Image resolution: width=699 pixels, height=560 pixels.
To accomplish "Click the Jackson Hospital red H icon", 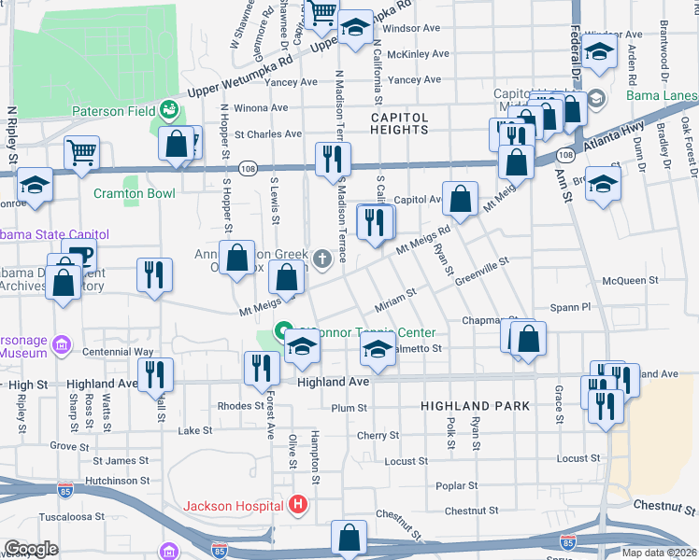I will [298, 506].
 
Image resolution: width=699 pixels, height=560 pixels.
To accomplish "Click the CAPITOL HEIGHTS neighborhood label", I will [399, 124].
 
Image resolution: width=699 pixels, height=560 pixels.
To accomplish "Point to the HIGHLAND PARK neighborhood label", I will [475, 406].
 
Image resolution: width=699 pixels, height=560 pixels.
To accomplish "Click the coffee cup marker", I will [78, 256].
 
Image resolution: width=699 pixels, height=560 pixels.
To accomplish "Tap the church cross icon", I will [322, 259].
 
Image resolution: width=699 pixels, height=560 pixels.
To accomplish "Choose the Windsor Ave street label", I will [412, 28].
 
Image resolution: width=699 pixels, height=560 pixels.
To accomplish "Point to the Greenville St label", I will [483, 273].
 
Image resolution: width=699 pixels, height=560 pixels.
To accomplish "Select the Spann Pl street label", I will [571, 306].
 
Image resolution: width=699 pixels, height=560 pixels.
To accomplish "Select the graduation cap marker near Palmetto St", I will [377, 351].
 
